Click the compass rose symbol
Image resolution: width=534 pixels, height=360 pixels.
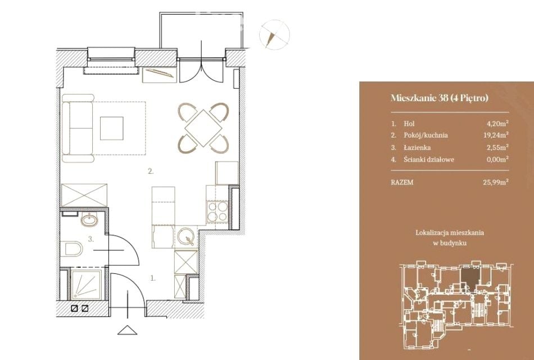tap(274, 35)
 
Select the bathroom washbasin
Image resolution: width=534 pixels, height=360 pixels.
tap(89, 220)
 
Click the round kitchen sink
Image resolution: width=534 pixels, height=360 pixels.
tap(186, 236)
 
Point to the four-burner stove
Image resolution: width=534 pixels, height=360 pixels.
tap(218, 211)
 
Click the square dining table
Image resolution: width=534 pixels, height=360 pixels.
tap(203, 128)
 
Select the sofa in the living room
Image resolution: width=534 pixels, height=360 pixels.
tap(78, 128)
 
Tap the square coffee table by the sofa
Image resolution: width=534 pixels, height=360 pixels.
tap(112, 128)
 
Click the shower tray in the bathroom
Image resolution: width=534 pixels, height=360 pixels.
tap(87, 284)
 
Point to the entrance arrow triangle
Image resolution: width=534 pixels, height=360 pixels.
tap(128, 330)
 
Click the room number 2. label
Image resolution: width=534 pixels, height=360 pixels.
tap(151, 172)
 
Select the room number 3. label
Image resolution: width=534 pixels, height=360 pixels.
tap(91, 239)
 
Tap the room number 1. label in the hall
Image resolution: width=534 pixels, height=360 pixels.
tap(153, 278)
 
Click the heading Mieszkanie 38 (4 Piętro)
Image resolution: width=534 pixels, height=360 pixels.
tap(440, 98)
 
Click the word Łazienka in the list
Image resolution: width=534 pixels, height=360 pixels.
tap(417, 147)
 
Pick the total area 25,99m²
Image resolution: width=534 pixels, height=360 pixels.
tap(496, 182)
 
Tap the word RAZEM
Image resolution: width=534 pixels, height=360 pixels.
tap(402, 182)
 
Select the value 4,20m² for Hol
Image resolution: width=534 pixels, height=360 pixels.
tap(498, 123)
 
